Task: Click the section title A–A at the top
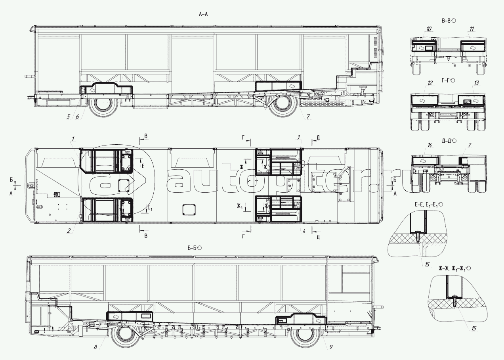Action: click(203, 15)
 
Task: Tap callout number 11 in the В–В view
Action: click(472, 29)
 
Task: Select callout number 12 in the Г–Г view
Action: click(430, 83)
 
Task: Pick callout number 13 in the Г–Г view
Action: click(477, 83)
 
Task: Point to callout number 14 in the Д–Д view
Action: click(430, 145)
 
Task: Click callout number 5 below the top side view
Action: click(69, 117)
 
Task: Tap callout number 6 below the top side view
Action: click(77, 117)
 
